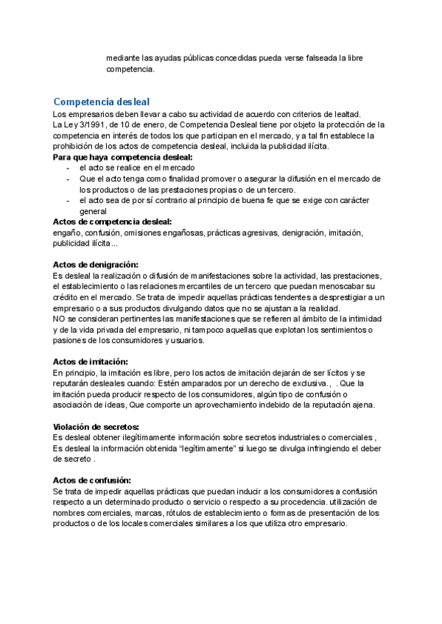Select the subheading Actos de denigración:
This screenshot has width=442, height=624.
point(96,264)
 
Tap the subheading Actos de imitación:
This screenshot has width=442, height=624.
point(91,361)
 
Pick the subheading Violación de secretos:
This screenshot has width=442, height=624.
point(97,427)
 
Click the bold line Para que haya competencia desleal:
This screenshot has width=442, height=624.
point(124,157)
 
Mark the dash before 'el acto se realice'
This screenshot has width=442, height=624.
point(69,169)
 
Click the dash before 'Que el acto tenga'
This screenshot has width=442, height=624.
point(69,179)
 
